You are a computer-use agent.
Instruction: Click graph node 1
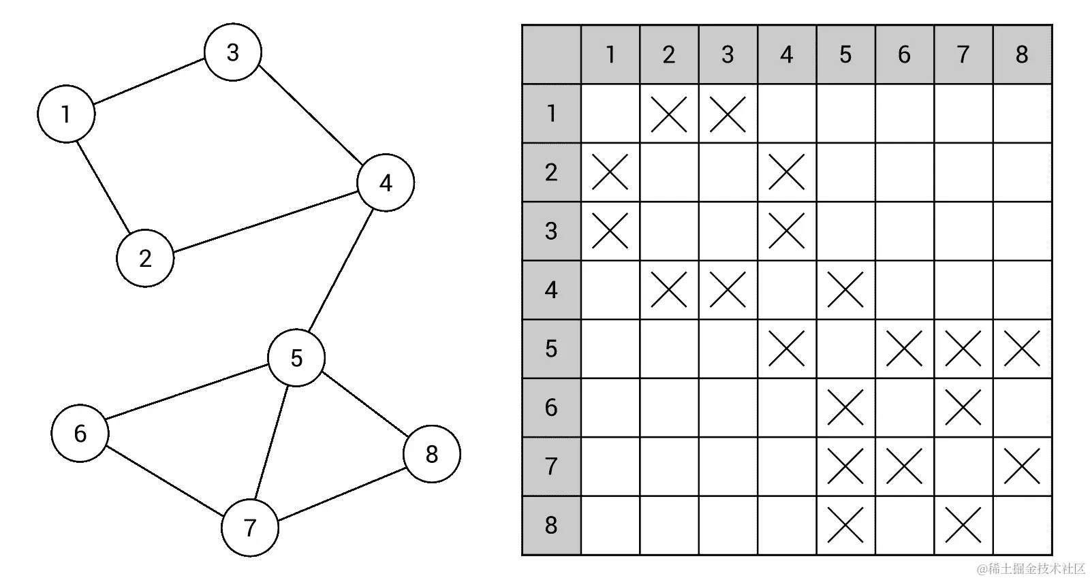pyautogui.click(x=66, y=114)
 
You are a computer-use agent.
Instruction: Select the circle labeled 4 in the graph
pyautogui.click(x=386, y=182)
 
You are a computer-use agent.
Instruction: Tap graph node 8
pyautogui.click(x=432, y=454)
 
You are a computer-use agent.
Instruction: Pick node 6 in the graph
pyautogui.click(x=80, y=433)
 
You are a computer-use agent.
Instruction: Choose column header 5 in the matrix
pyautogui.click(x=845, y=54)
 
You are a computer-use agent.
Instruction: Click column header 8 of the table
pyautogui.click(x=1022, y=54)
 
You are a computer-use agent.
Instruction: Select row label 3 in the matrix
pyautogui.click(x=551, y=231)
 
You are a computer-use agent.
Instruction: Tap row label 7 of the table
pyautogui.click(x=551, y=466)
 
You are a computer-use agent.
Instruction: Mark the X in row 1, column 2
pyautogui.click(x=669, y=114)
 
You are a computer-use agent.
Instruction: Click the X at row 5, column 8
pyautogui.click(x=1022, y=349)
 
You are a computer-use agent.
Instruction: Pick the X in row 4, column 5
pyautogui.click(x=845, y=290)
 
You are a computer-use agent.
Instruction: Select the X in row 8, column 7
pyautogui.click(x=963, y=525)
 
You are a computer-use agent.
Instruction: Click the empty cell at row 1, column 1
pyautogui.click(x=610, y=114)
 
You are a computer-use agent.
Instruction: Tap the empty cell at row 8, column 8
pyautogui.click(x=1022, y=525)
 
